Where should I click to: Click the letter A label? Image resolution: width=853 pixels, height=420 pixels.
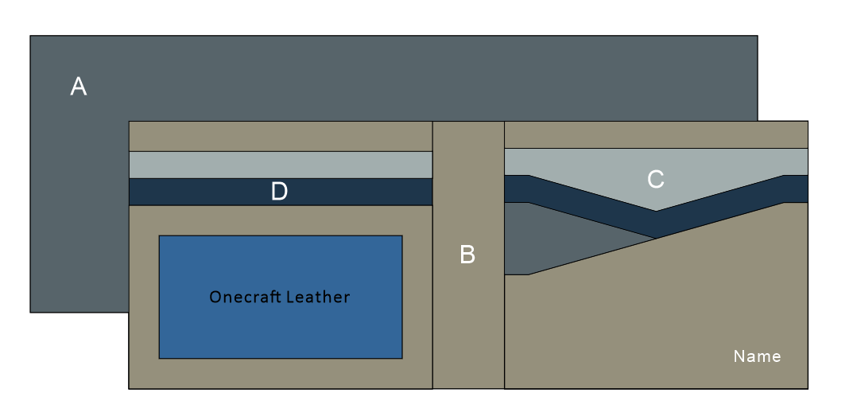coord(78,86)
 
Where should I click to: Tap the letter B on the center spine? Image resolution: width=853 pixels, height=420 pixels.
coord(467,255)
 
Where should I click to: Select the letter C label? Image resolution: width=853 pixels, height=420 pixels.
coord(655,180)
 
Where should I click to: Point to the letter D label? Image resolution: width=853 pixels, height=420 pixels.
coord(279,192)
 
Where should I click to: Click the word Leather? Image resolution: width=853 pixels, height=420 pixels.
coord(318,297)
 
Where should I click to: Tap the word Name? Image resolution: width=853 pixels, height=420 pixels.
coord(757,356)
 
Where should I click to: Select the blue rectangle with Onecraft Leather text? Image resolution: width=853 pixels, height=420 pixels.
coord(280,334)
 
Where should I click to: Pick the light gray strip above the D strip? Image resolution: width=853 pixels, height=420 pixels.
coord(280,165)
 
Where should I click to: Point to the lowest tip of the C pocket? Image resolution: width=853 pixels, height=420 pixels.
coord(656,210)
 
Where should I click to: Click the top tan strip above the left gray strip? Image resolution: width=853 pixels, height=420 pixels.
coord(280,136)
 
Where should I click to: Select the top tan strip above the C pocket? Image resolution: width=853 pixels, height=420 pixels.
coord(656,134)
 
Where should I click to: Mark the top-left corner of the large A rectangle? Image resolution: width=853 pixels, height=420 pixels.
coord(31,36)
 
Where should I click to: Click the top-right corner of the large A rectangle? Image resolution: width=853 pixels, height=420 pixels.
coord(757,36)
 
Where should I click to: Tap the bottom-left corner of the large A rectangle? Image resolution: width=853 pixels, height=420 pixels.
coord(31,312)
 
